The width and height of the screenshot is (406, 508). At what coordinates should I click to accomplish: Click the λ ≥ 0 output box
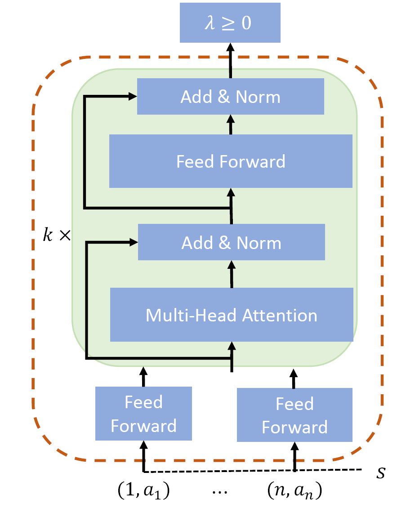(230, 22)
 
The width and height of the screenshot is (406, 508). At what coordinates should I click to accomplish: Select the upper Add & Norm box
(230, 96)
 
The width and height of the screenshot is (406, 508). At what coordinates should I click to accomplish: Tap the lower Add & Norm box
(232, 242)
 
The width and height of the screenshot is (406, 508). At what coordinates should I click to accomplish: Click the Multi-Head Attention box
(232, 315)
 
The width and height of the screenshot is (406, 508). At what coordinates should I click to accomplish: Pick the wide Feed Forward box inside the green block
(231, 161)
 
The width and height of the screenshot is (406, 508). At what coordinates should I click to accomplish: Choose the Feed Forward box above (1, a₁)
(143, 414)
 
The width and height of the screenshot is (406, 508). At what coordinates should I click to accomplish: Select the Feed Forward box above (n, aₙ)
(294, 414)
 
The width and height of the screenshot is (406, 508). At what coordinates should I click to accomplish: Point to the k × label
(57, 235)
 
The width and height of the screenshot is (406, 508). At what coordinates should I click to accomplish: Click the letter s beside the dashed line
(381, 472)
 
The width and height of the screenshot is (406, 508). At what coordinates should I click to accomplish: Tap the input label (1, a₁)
(143, 490)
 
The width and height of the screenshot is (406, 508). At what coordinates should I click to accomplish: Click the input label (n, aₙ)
(294, 490)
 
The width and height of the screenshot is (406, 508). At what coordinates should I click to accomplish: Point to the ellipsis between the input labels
(220, 492)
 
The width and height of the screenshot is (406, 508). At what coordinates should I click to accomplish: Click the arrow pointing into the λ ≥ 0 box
(230, 61)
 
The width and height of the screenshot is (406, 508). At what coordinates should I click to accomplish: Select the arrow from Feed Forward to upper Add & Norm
(231, 125)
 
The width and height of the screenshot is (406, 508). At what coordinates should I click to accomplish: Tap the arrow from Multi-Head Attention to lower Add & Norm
(232, 274)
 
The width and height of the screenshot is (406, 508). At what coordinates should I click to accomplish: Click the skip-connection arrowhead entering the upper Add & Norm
(133, 96)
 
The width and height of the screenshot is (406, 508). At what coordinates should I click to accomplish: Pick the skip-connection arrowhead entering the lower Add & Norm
(134, 242)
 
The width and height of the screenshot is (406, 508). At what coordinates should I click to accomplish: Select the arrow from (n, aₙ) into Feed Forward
(294, 456)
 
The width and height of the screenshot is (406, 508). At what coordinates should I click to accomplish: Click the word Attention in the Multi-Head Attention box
(280, 315)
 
